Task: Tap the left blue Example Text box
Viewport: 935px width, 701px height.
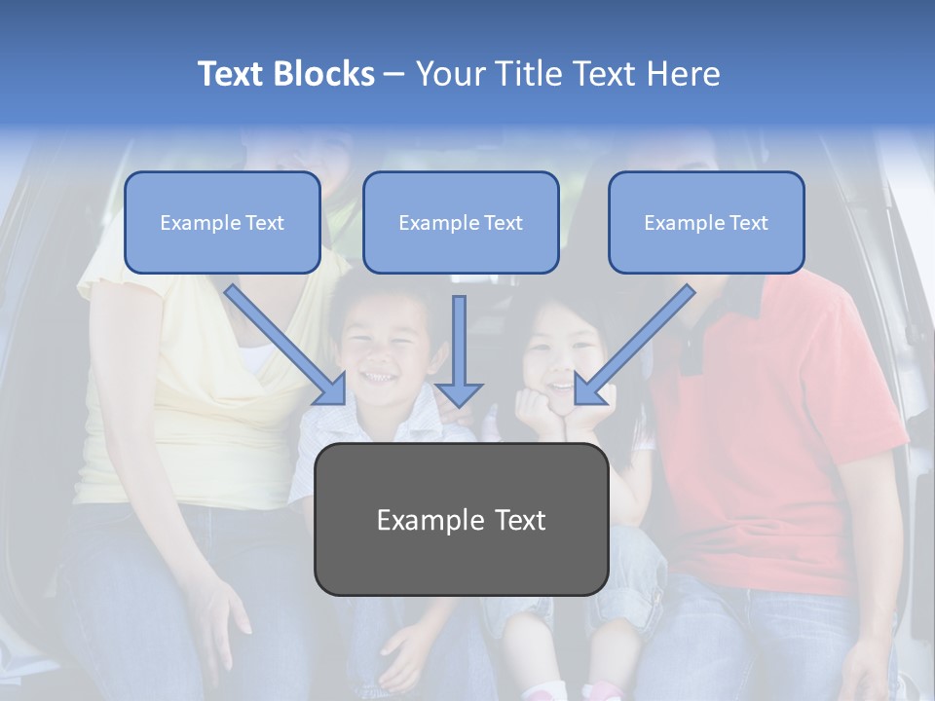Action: click(x=222, y=223)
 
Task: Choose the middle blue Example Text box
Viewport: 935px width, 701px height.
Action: click(x=461, y=223)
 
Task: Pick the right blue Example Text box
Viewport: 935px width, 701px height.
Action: click(x=706, y=223)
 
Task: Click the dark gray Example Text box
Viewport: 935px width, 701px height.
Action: click(x=461, y=519)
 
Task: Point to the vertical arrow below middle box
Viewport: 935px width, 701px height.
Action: click(x=459, y=350)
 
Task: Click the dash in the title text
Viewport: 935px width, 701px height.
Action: click(x=394, y=75)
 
